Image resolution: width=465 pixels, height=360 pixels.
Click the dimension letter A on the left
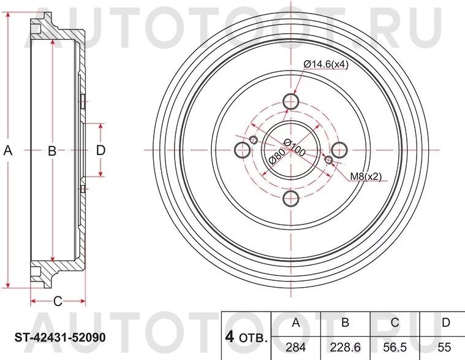[x=8, y=150]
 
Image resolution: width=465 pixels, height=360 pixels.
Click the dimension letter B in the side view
[x=53, y=150]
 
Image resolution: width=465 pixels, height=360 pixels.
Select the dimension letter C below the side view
[x=58, y=301]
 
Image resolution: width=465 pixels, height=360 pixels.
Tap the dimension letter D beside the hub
[x=101, y=150]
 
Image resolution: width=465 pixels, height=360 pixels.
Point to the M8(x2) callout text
[x=366, y=177]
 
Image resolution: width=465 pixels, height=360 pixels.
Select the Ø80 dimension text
[x=276, y=158]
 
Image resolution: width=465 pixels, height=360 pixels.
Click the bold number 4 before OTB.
[x=230, y=337]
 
